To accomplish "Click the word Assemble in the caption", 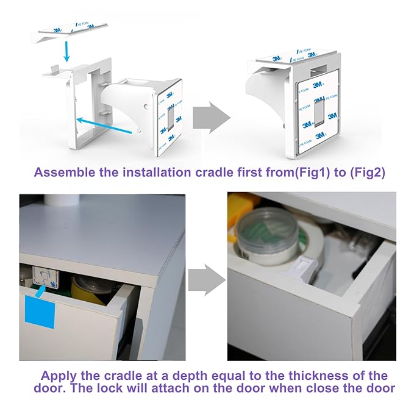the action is click(x=65, y=173).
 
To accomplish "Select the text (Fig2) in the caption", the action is click(x=368, y=173).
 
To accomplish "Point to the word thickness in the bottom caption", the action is click(x=315, y=376).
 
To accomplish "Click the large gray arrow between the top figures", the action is click(x=211, y=118).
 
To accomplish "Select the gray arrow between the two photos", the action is click(x=207, y=280).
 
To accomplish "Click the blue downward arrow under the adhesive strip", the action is click(x=67, y=51).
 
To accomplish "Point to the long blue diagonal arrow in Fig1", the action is click(x=104, y=126).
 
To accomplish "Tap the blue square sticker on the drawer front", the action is click(x=40, y=312).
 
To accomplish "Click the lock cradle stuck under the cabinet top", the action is click(x=45, y=276).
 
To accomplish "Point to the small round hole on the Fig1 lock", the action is click(x=146, y=107).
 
